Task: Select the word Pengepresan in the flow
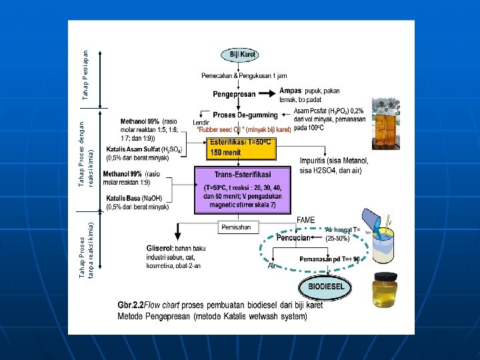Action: [234, 94]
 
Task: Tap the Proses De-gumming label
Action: [245, 115]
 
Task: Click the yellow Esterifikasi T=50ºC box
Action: [241, 148]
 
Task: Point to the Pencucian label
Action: [293, 237]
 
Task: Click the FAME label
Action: [305, 219]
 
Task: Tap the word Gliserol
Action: [159, 248]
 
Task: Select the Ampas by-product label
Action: [291, 91]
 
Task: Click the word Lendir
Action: [201, 122]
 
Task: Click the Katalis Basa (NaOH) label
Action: [138, 198]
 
